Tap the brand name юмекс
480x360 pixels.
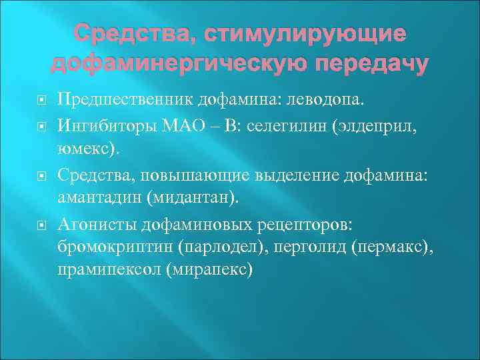click(87, 145)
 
